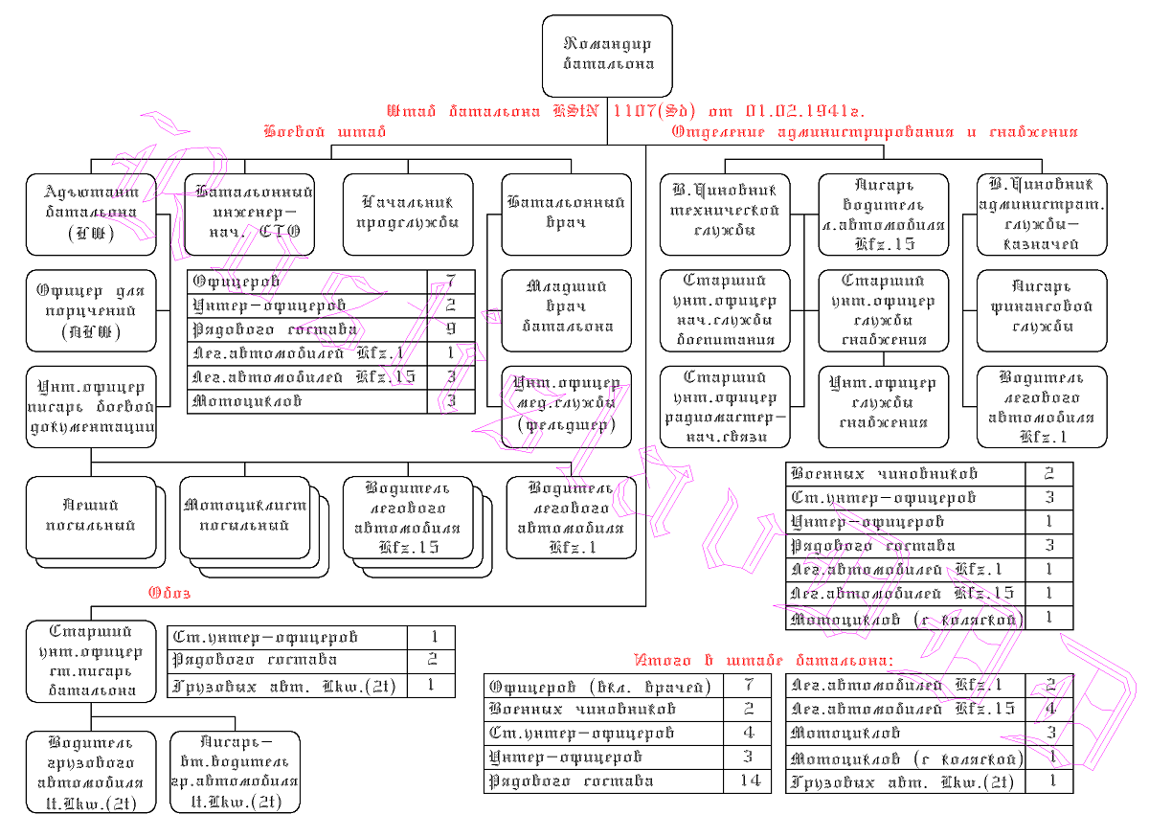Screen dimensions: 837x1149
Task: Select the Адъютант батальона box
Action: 91,214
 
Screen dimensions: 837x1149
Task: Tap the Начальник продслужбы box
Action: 408,214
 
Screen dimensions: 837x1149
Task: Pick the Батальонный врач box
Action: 567,214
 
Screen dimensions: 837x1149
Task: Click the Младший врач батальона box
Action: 567,305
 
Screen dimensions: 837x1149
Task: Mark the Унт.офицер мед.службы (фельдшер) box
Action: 567,404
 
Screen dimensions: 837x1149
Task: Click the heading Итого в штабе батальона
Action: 763,661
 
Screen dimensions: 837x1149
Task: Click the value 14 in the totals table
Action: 747,781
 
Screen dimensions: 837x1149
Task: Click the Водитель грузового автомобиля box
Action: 91,773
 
